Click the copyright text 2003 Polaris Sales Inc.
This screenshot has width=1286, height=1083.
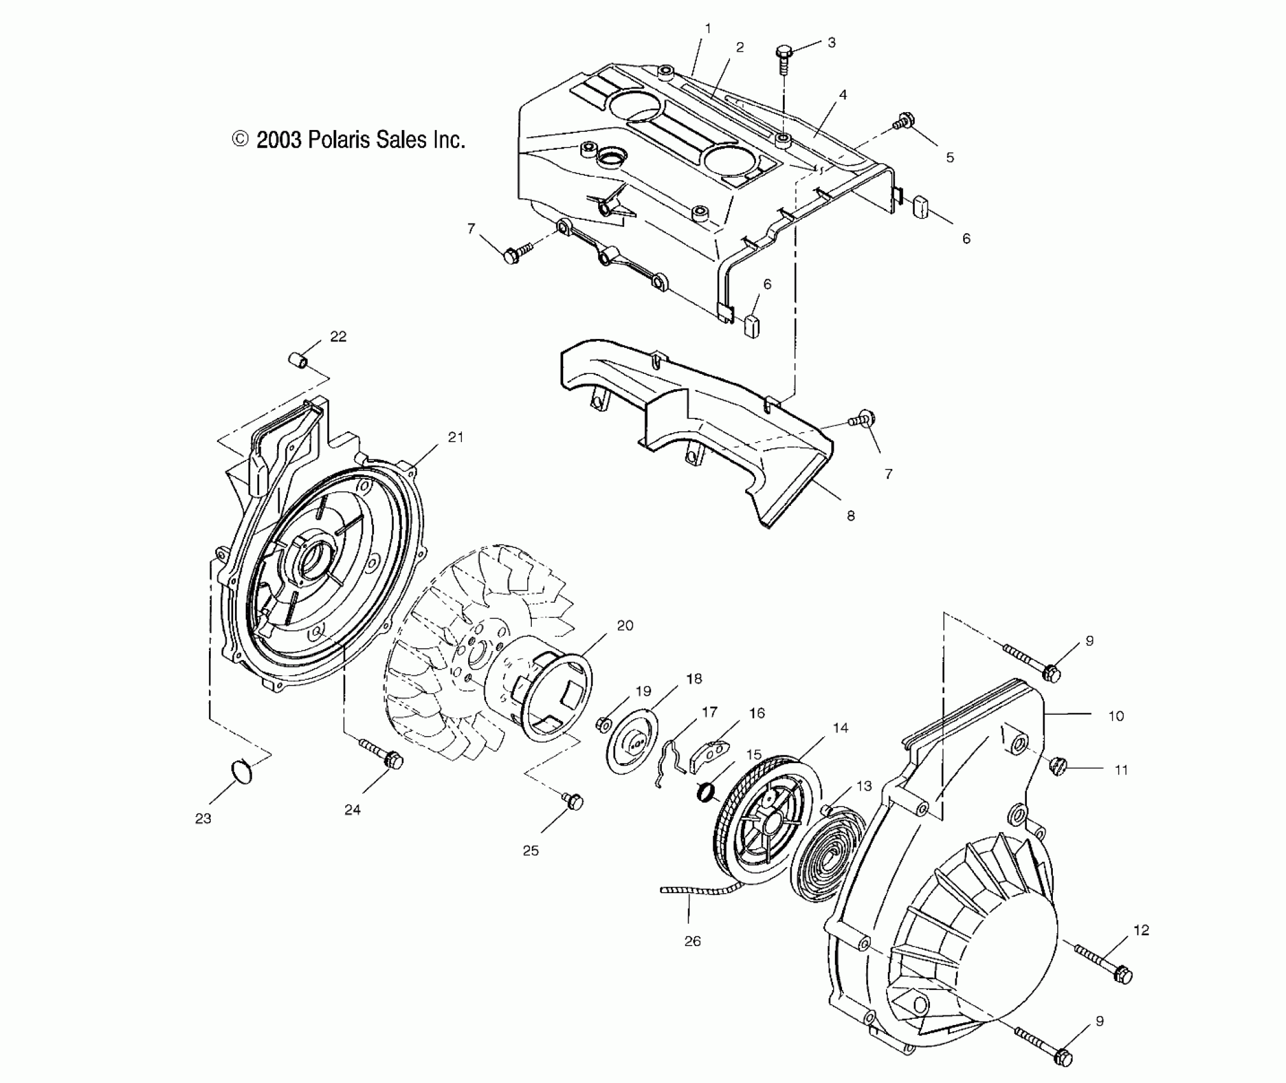[349, 140]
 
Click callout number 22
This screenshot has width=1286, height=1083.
[338, 336]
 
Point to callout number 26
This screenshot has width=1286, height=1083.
[692, 941]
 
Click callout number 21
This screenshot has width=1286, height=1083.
[455, 437]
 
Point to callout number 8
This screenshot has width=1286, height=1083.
[850, 516]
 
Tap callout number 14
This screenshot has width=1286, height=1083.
[840, 728]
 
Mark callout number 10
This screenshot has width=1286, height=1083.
[1116, 716]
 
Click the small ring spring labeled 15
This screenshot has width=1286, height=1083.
[706, 793]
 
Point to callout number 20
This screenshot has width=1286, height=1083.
[625, 626]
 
